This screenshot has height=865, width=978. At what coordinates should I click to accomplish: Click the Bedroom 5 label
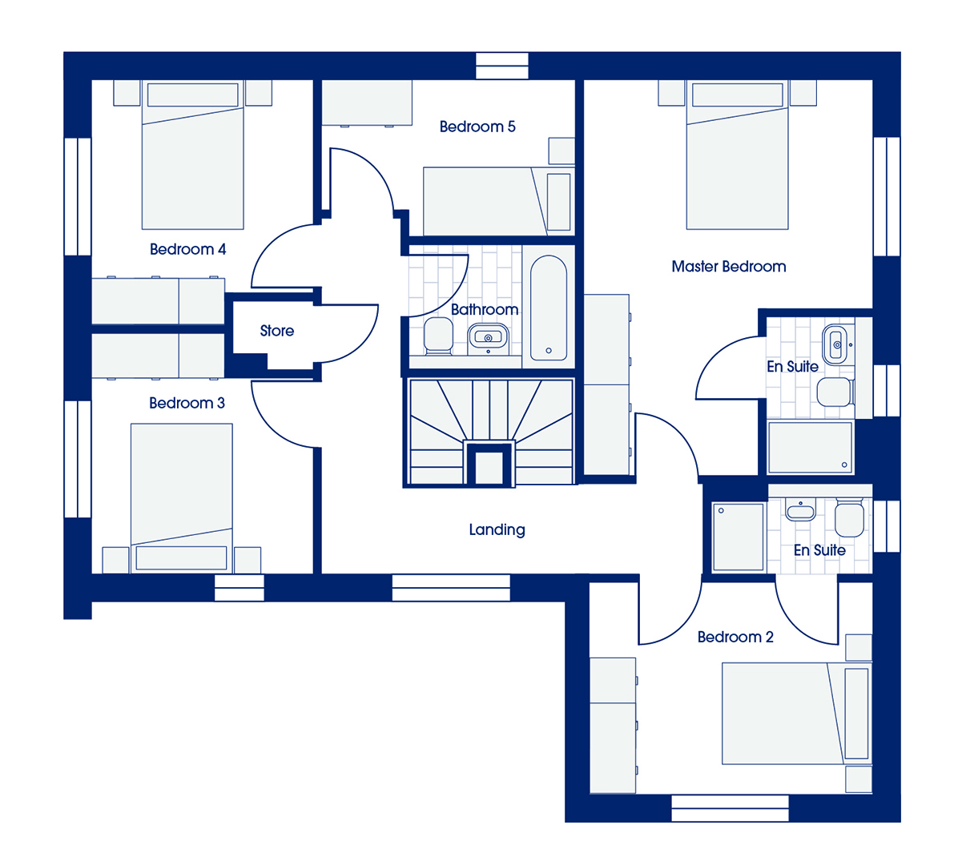click(477, 127)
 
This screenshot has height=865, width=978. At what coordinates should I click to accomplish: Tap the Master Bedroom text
click(728, 267)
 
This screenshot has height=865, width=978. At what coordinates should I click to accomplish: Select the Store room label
click(276, 331)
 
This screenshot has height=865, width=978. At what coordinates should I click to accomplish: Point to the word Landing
click(497, 529)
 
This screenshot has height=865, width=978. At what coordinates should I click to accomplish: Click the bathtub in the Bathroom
click(549, 308)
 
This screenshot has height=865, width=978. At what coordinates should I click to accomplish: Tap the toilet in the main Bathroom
click(438, 336)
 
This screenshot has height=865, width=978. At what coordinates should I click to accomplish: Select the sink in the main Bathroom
click(488, 337)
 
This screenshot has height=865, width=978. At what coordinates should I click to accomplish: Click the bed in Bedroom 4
click(192, 155)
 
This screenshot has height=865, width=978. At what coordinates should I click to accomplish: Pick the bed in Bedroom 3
click(182, 498)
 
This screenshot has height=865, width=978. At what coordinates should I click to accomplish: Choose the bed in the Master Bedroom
click(737, 155)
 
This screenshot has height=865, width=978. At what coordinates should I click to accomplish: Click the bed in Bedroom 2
click(796, 714)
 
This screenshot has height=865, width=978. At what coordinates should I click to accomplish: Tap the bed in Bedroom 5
click(499, 201)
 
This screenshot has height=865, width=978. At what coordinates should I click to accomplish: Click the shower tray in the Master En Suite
click(810, 448)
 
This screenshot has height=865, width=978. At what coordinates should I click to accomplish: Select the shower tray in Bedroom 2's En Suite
click(739, 537)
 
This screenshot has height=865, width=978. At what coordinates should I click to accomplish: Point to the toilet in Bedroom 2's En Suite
click(849, 517)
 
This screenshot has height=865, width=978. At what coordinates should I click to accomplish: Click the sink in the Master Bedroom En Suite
click(835, 344)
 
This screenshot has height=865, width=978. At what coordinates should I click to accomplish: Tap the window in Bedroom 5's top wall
click(502, 66)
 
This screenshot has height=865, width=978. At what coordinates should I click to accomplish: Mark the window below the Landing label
click(451, 587)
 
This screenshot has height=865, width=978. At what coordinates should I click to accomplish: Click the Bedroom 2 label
click(735, 638)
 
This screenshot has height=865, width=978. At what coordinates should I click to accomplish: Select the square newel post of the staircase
click(489, 467)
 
